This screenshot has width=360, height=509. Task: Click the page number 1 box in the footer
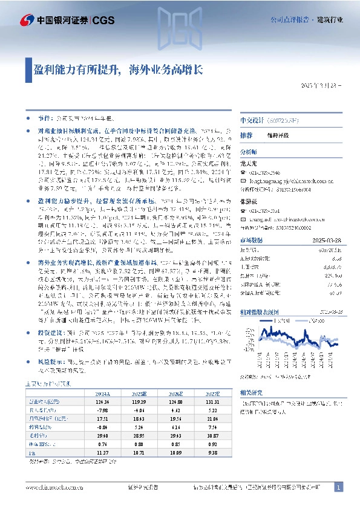(339, 487)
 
